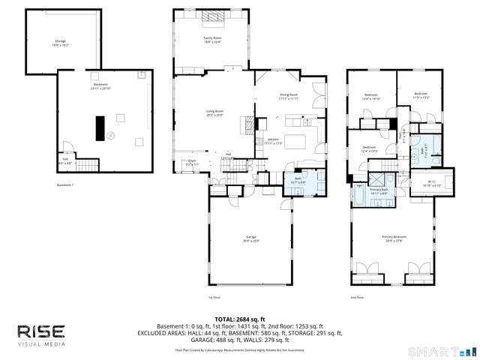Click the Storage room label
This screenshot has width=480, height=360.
61,42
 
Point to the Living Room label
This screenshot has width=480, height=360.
215,113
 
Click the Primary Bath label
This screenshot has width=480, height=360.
379,192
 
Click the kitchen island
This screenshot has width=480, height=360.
298,140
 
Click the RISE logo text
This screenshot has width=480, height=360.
41,331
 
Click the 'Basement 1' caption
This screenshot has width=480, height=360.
66,185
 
